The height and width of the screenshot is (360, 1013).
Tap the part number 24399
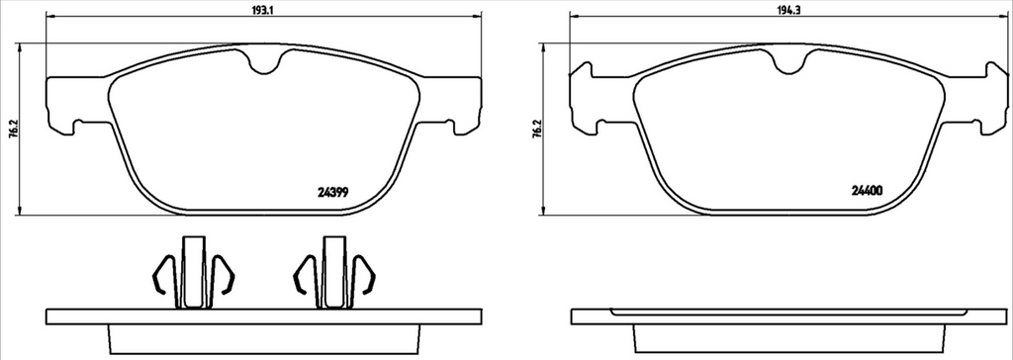click(334, 191)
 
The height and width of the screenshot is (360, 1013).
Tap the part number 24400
click(867, 191)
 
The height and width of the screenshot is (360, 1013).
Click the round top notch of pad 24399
click(263, 62)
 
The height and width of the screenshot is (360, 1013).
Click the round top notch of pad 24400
click(788, 62)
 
